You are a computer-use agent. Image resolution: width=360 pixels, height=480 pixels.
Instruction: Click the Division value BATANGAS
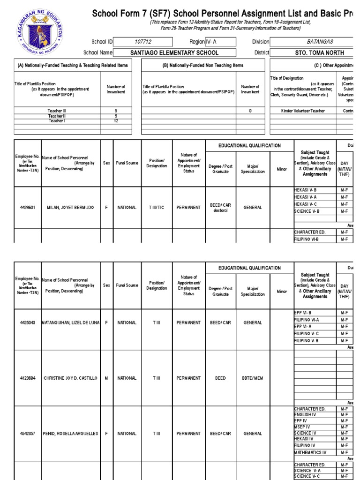click(x=320, y=42)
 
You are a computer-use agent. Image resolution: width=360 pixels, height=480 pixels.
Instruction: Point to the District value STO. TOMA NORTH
click(x=320, y=53)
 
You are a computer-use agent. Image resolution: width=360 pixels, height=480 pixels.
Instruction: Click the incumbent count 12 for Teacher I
click(x=116, y=121)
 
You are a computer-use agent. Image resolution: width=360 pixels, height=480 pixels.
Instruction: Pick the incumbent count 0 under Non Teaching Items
click(x=250, y=111)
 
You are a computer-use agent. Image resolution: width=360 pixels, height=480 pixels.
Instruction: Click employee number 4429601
click(x=27, y=208)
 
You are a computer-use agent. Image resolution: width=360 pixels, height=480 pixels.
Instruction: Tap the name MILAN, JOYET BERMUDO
click(x=71, y=208)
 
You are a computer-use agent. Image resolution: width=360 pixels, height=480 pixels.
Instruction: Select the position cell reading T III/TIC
click(x=157, y=208)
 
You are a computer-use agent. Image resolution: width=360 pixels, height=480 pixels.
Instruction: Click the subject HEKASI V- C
click(x=308, y=204)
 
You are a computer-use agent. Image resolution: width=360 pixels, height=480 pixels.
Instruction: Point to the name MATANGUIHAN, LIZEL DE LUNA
click(x=71, y=323)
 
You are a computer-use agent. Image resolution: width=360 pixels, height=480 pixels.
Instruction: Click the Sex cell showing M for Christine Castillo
click(x=106, y=378)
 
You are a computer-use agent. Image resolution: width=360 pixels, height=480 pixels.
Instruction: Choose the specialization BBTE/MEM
click(x=253, y=378)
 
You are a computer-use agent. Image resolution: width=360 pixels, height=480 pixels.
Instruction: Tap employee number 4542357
click(x=27, y=434)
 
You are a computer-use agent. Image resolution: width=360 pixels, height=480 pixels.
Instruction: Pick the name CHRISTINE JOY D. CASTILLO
click(x=71, y=378)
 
